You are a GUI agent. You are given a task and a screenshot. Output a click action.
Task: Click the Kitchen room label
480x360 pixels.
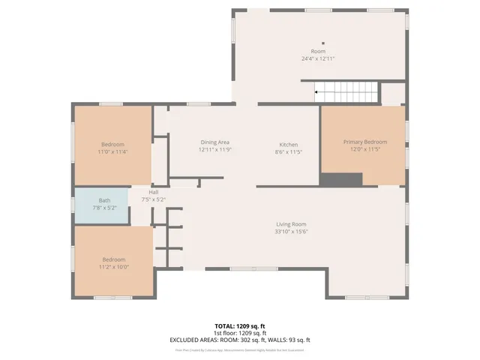tap(289, 144)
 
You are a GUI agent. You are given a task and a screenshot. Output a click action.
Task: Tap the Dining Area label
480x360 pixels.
tap(214, 142)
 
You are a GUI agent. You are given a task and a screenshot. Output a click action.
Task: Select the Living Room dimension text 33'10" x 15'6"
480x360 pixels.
tap(292, 232)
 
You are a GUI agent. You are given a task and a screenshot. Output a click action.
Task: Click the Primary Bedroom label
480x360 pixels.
tap(365, 142)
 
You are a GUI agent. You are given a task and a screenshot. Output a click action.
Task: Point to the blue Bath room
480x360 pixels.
tap(100, 205)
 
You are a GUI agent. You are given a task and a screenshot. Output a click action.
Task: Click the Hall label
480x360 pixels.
tap(153, 191)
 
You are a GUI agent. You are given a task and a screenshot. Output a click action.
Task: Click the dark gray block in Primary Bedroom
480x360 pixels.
tap(341, 179)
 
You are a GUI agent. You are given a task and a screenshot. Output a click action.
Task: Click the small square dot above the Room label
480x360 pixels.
tap(323, 43)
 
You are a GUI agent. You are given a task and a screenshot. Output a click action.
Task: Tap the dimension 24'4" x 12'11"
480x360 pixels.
tap(318, 58)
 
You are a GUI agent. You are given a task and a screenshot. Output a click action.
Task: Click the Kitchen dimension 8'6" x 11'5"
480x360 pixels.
tap(289, 151)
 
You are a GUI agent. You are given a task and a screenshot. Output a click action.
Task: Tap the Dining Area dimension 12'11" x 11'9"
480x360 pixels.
tap(214, 149)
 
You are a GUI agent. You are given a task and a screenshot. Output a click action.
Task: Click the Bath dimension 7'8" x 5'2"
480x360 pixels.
tap(104, 208)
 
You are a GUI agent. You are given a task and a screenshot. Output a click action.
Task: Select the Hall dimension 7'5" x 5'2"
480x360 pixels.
tap(153, 199)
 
